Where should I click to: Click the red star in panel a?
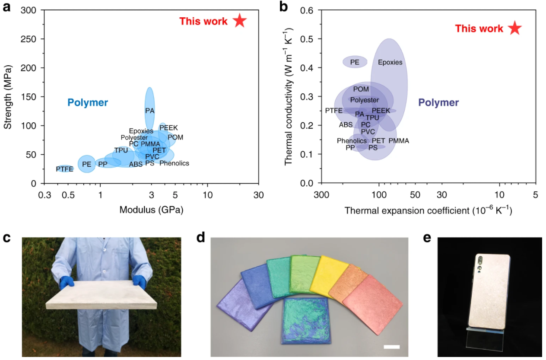(x=240, y=21)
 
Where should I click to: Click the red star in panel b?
(x=514, y=28)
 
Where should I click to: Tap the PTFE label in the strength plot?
(x=65, y=169)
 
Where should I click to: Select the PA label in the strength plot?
(x=149, y=111)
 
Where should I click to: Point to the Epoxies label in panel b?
(x=390, y=62)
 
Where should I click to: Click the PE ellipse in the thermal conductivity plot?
(x=355, y=62)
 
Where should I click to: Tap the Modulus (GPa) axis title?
(x=152, y=210)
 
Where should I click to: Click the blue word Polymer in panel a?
(x=87, y=103)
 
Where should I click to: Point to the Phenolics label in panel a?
(x=174, y=163)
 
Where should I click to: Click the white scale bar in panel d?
(x=391, y=347)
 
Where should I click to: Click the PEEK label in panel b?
(x=381, y=111)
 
